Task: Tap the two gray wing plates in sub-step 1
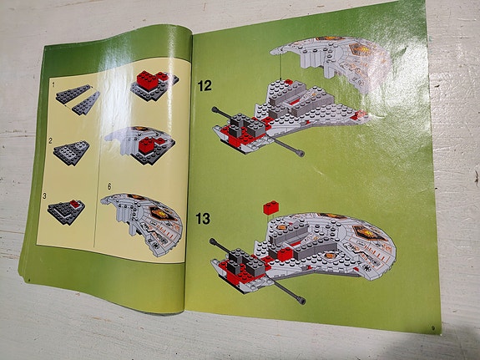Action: pos(78,100)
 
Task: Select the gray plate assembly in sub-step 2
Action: pos(71,151)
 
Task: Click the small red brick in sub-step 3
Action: pos(73,204)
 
